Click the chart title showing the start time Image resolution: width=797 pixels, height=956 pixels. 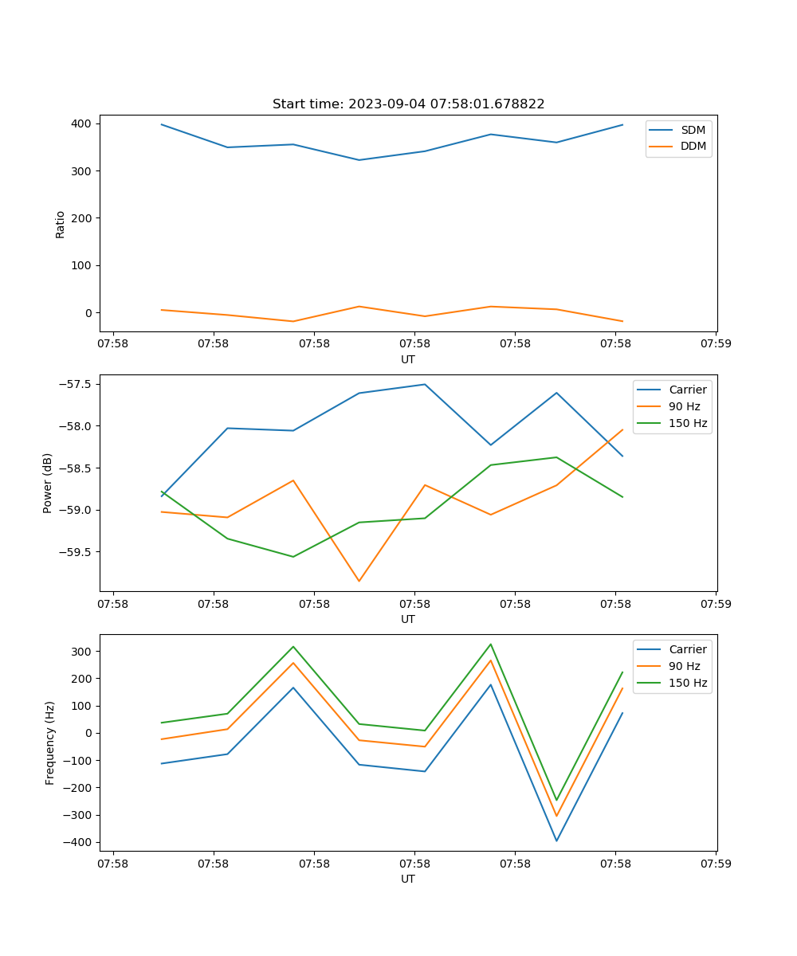click(x=408, y=104)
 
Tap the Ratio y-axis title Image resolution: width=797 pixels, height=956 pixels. click(x=61, y=224)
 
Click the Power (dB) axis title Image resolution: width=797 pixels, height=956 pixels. click(x=48, y=483)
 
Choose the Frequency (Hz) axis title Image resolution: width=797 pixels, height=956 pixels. click(x=49, y=742)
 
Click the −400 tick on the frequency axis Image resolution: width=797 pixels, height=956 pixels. click(x=77, y=842)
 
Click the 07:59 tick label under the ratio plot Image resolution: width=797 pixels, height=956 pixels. click(x=715, y=344)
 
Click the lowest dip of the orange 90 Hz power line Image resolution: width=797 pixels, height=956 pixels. click(x=359, y=581)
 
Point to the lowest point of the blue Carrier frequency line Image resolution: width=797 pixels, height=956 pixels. click(x=556, y=840)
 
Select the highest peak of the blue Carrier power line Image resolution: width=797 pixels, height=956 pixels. click(x=425, y=384)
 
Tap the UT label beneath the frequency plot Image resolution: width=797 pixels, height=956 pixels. click(x=408, y=879)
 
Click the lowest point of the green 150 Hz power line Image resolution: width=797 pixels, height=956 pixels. click(x=293, y=557)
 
